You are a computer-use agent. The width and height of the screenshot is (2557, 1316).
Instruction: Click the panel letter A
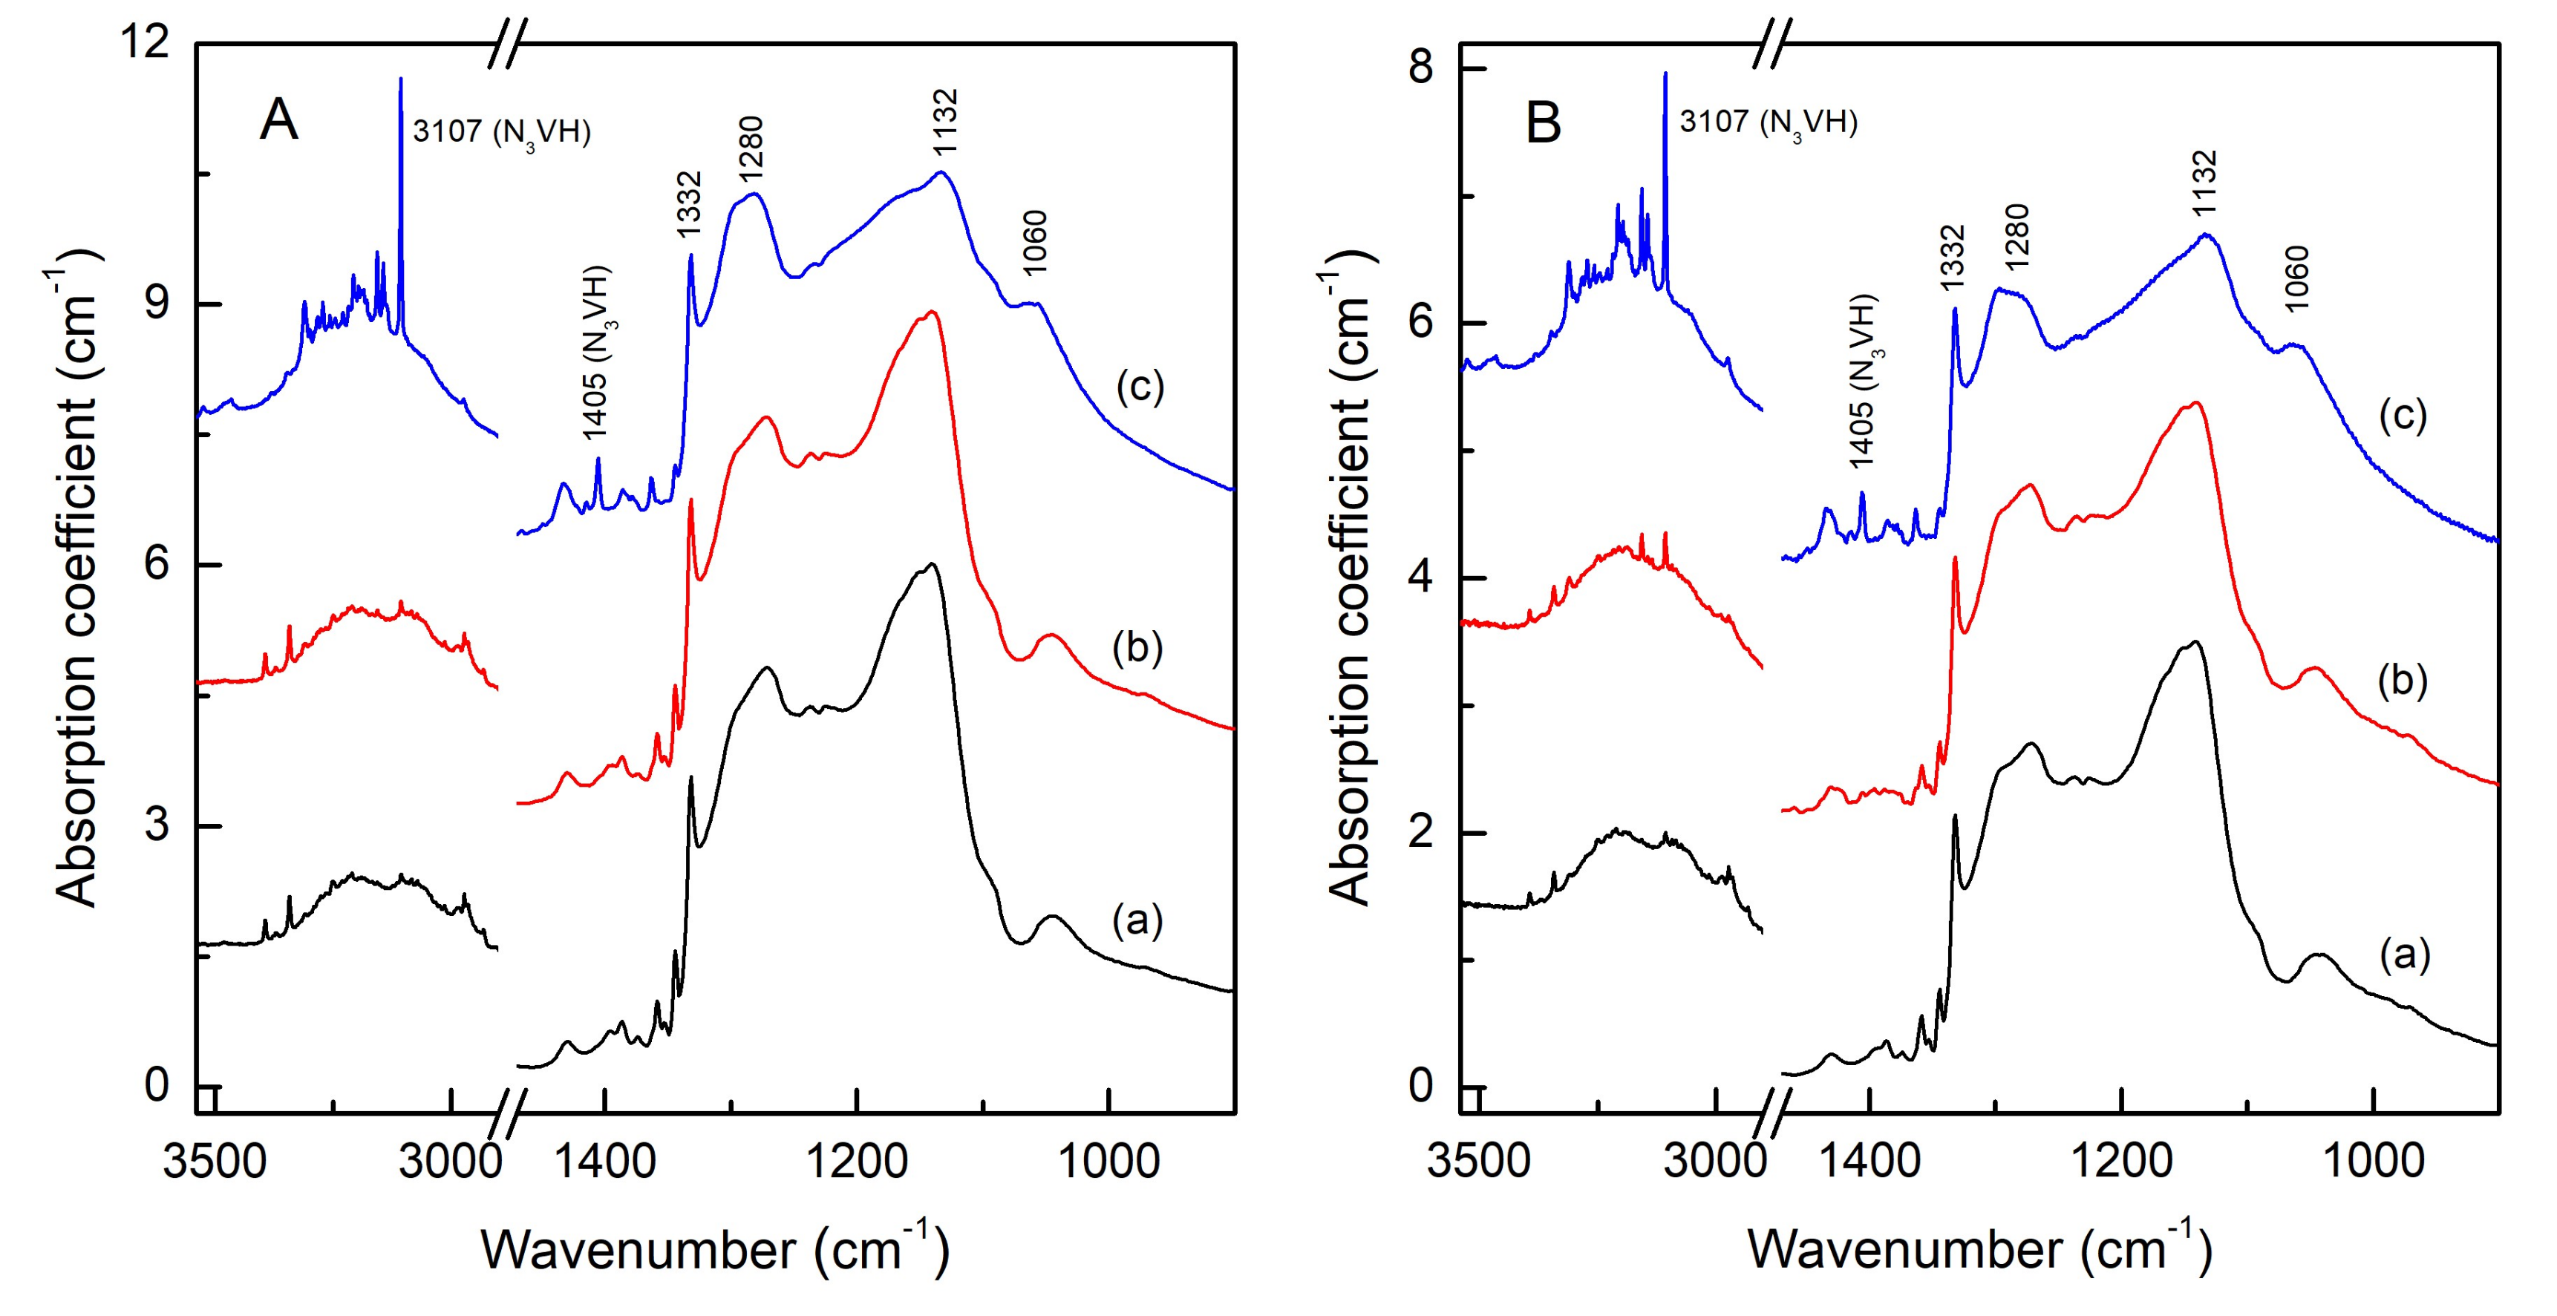point(279,121)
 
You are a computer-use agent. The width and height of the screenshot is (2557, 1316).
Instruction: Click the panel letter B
point(1544,125)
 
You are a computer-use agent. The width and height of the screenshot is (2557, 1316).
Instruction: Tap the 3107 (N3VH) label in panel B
point(1768,122)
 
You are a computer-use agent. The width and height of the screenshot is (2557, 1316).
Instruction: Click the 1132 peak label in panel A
point(945,121)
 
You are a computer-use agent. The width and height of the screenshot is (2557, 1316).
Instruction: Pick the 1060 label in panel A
point(1034,242)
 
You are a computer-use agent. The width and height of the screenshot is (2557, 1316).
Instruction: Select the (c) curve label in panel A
point(1140,386)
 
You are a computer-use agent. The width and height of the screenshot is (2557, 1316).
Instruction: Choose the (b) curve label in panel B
point(2402,680)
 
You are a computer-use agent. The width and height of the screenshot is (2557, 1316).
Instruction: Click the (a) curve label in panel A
point(1137,920)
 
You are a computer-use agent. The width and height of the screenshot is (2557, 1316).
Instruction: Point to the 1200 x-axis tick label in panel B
point(2121,1161)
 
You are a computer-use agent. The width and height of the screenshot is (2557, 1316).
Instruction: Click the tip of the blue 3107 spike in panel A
point(400,79)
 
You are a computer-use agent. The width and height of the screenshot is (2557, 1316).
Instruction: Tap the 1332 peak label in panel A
point(688,203)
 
